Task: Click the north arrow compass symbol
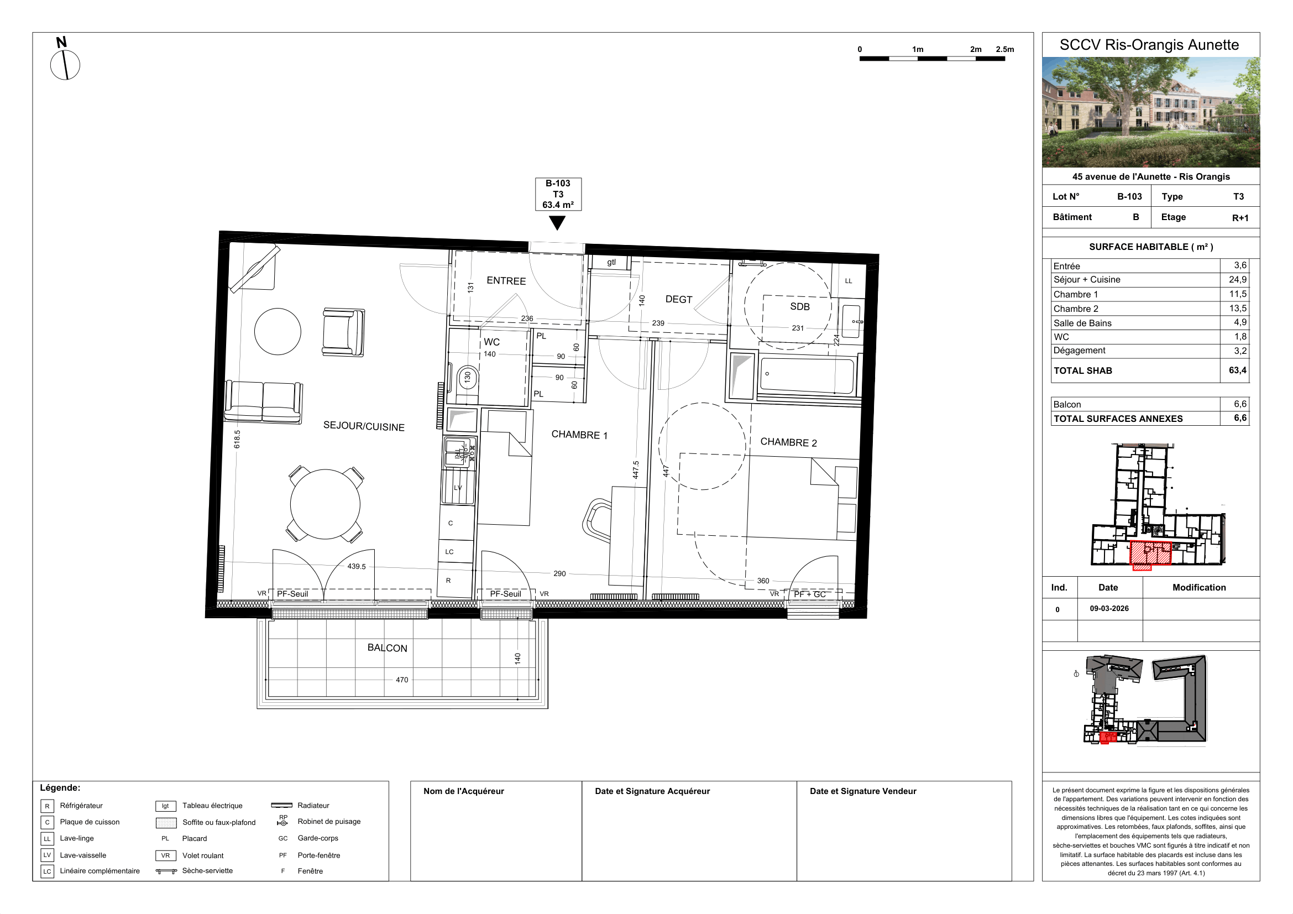pyautogui.click(x=65, y=65)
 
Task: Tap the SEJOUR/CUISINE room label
pyautogui.click(x=364, y=426)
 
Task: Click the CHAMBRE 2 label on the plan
pyautogui.click(x=788, y=442)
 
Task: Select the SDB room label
pyautogui.click(x=800, y=306)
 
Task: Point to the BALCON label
pyautogui.click(x=388, y=647)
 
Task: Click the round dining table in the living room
pyautogui.click(x=325, y=504)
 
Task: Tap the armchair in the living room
pyautogui.click(x=343, y=332)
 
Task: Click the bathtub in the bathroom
pyautogui.click(x=807, y=375)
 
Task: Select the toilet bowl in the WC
pyautogui.click(x=467, y=378)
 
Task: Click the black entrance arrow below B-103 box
pyautogui.click(x=557, y=223)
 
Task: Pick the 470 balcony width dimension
pyautogui.click(x=402, y=680)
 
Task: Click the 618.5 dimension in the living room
pyautogui.click(x=237, y=439)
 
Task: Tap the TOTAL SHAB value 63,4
pyautogui.click(x=1237, y=370)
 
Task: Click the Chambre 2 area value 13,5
pyautogui.click(x=1238, y=308)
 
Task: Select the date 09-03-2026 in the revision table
pyautogui.click(x=1109, y=608)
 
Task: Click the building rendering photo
pyautogui.click(x=1150, y=112)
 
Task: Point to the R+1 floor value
pyautogui.click(x=1240, y=218)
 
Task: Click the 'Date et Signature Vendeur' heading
pyautogui.click(x=863, y=791)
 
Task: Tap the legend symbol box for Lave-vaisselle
pyautogui.click(x=48, y=855)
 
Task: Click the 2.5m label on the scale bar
pyautogui.click(x=1004, y=50)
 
